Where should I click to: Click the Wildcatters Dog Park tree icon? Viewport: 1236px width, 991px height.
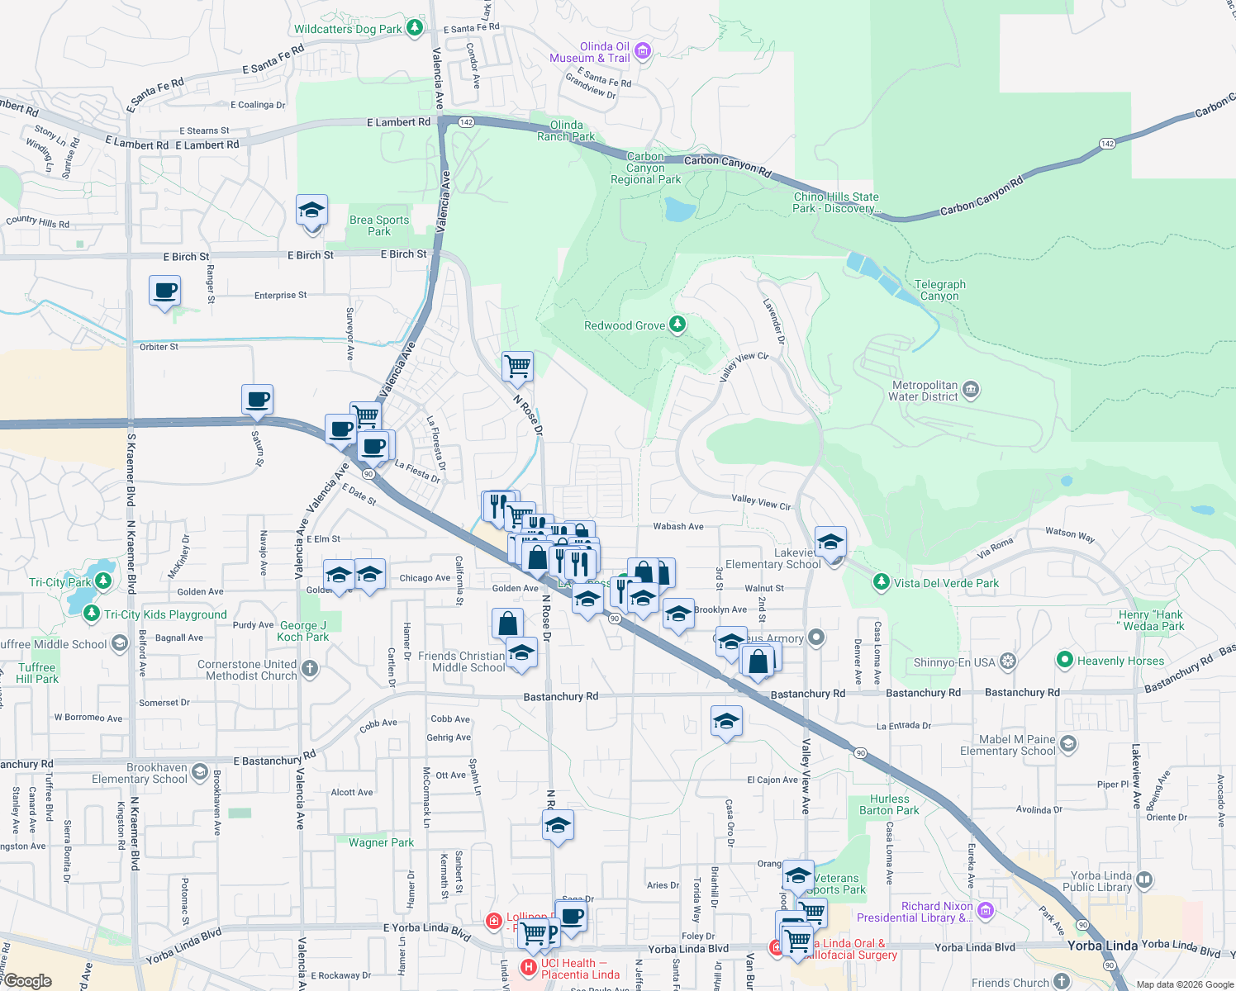pos(415,29)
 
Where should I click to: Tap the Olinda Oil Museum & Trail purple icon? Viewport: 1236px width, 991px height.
pos(643,52)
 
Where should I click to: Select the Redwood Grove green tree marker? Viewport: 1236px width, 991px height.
pos(677,325)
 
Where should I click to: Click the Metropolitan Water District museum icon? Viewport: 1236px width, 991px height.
pos(971,389)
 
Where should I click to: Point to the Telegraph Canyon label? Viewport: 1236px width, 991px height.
pos(939,290)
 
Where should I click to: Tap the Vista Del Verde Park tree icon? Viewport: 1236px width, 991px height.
pos(882,582)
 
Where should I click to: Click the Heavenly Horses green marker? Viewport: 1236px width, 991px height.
pos(1064,661)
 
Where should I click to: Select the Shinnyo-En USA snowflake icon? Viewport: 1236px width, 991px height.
pos(1007,662)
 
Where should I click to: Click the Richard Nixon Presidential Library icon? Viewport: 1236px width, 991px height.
pos(985,911)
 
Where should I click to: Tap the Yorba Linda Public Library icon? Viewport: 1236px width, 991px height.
pos(1144,880)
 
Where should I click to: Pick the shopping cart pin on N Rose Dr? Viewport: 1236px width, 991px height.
pos(518,365)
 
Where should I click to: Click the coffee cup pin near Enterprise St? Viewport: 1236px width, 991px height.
pos(164,292)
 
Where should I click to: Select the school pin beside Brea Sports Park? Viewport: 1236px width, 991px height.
pos(311,211)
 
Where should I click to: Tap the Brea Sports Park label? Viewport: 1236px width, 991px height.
pos(379,225)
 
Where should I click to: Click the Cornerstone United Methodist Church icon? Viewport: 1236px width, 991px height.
pos(310,669)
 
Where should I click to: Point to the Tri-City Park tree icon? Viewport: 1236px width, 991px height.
pos(103,582)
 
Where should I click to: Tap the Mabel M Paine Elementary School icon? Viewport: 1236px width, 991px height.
pos(1067,745)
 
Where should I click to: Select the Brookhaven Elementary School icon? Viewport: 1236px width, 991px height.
pos(199,772)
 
